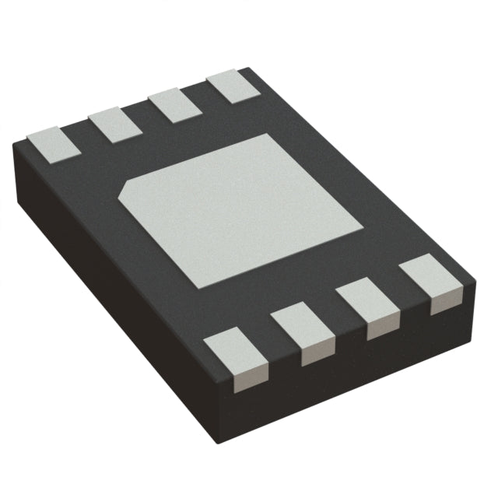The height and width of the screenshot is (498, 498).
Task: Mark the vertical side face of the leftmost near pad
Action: coord(247,379)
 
